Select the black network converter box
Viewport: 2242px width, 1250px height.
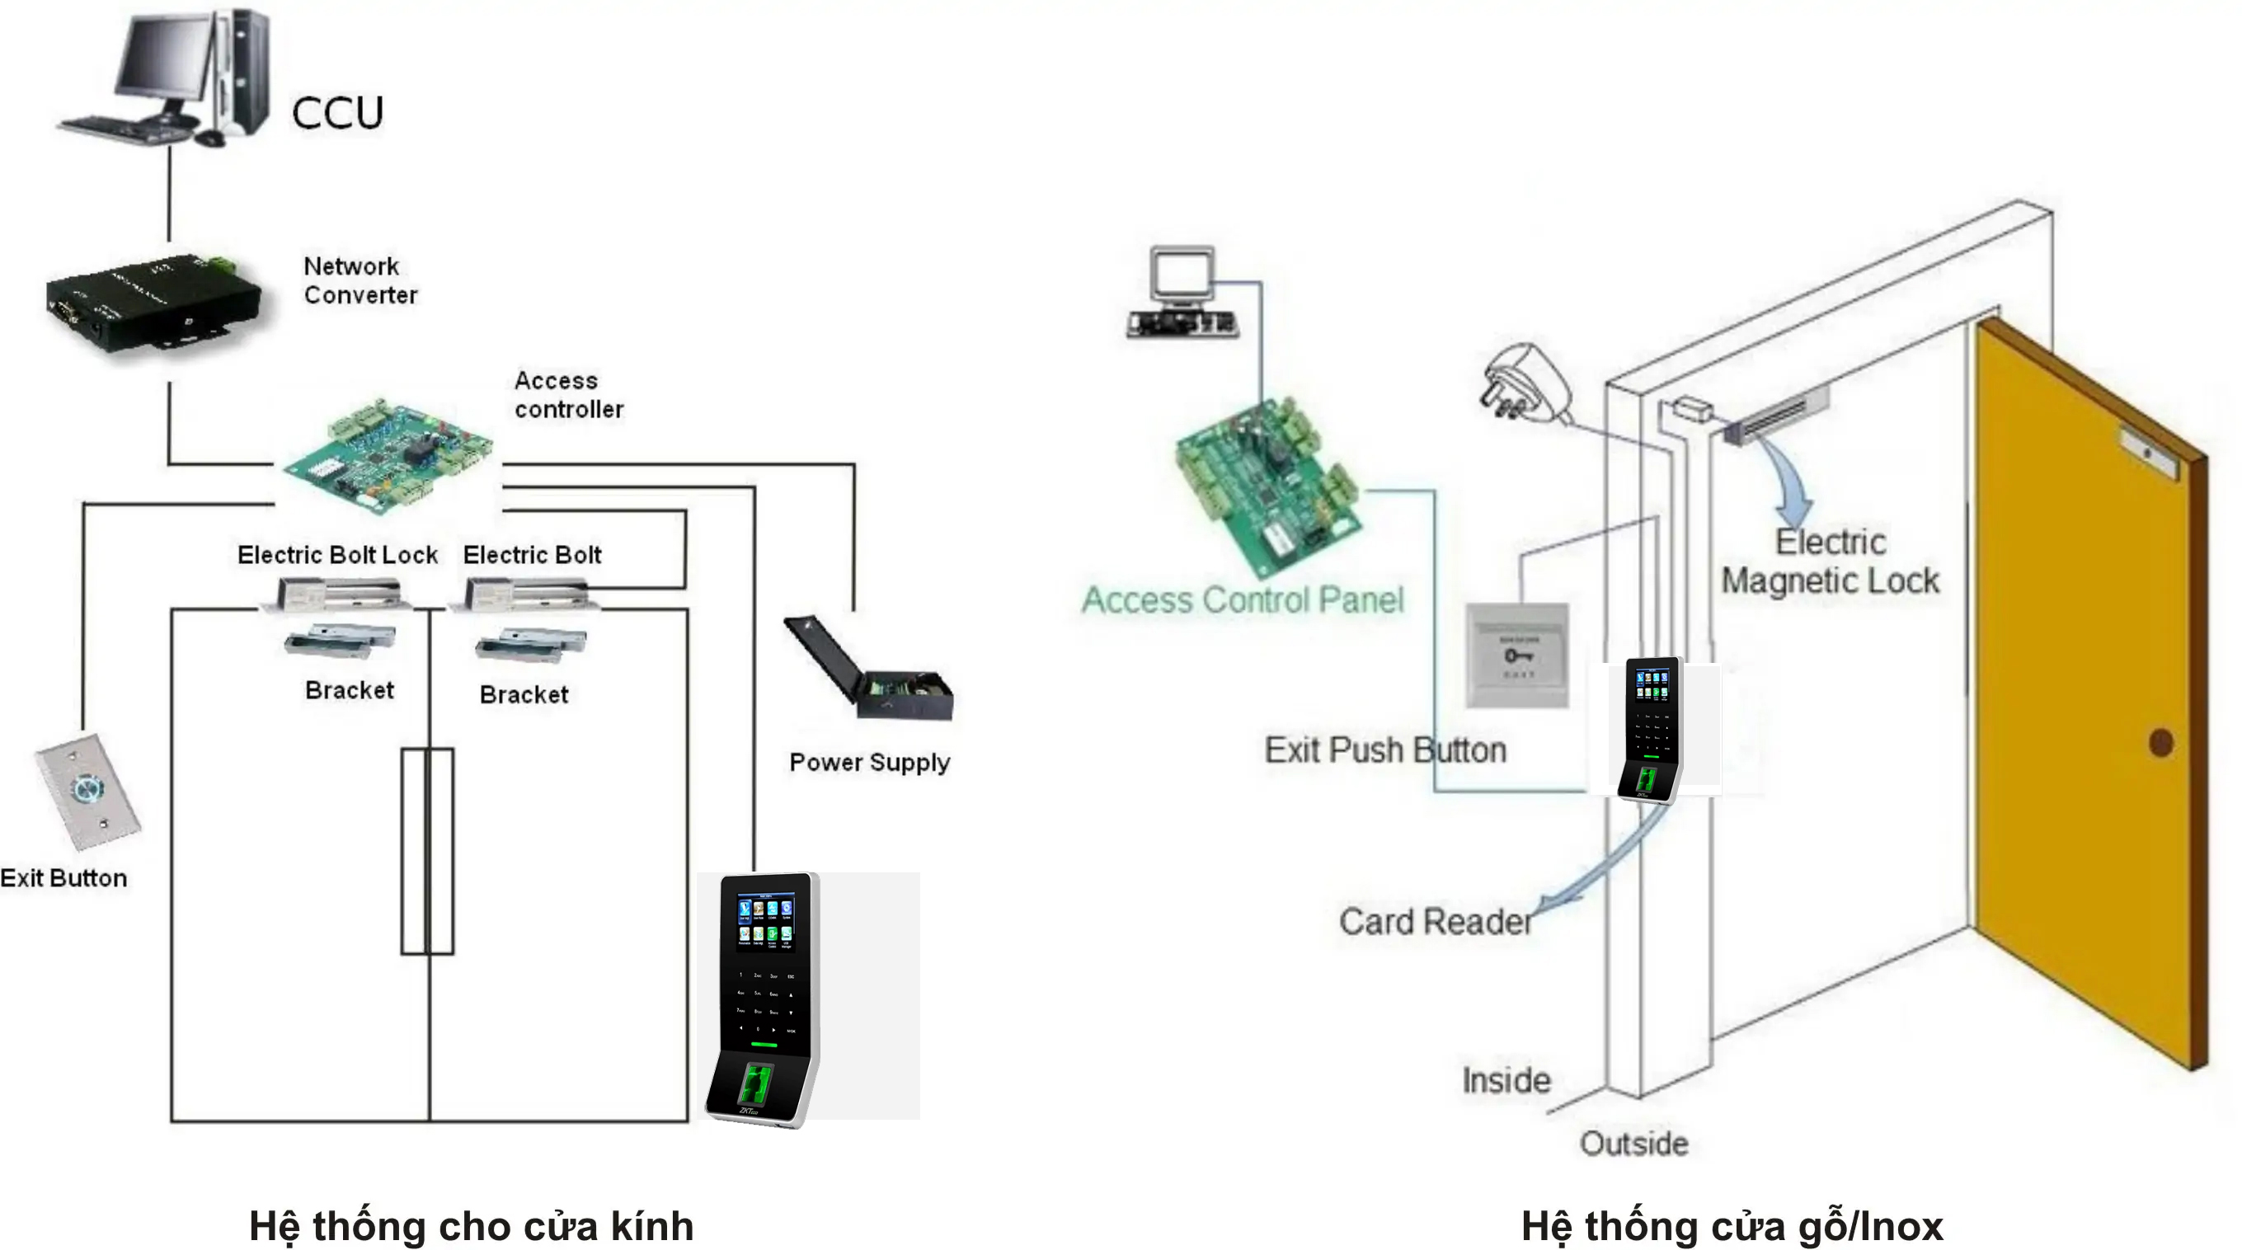click(153, 300)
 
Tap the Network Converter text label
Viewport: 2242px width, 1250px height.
click(360, 280)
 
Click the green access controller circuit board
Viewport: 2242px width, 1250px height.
click(388, 456)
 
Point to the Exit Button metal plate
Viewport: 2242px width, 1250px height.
click(87, 792)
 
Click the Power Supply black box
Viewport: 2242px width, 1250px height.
click(871, 670)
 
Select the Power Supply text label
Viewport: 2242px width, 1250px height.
click(868, 763)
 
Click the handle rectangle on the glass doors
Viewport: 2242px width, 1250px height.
click(427, 850)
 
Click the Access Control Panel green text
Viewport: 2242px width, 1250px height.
click(1242, 599)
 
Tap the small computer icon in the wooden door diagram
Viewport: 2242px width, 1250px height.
click(1182, 292)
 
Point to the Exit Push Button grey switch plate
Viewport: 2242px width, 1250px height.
click(1517, 656)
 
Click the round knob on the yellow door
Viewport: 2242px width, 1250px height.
click(2161, 743)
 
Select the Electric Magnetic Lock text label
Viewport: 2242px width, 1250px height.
click(1831, 562)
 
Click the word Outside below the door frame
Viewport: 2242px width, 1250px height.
click(1633, 1143)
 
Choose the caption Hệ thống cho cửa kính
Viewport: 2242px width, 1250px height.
click(471, 1225)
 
